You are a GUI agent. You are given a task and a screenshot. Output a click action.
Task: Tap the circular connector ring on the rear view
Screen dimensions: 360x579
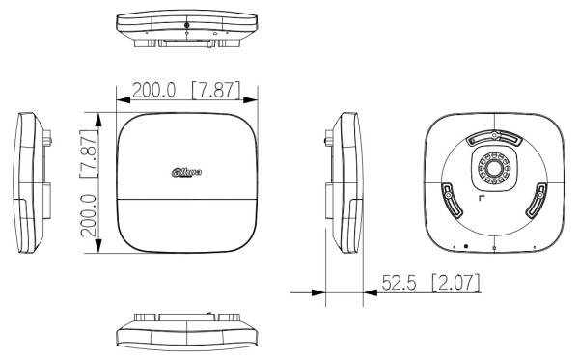[493, 169]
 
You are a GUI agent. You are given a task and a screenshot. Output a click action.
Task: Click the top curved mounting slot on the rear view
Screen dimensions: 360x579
[493, 139]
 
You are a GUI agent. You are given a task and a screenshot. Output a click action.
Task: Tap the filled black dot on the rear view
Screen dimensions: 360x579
[466, 246]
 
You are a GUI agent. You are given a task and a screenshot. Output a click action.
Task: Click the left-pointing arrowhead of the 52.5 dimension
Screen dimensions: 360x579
[320, 291]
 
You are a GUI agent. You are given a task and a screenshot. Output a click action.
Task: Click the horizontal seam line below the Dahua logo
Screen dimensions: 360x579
[186, 199]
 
